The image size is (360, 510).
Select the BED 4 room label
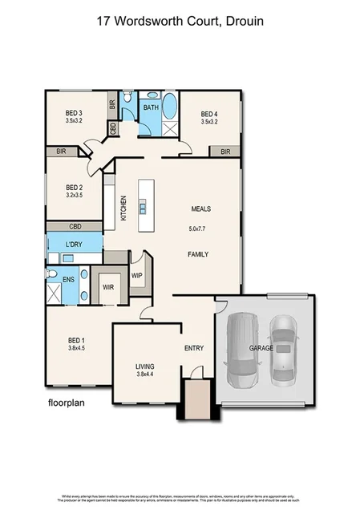pyautogui.click(x=209, y=113)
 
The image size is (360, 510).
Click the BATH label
pyautogui.click(x=150, y=107)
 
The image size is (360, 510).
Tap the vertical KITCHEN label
pyautogui.click(x=123, y=208)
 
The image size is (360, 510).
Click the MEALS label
pyautogui.click(x=200, y=208)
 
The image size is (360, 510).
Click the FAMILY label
pyautogui.click(x=198, y=255)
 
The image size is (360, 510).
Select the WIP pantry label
pyautogui.click(x=136, y=274)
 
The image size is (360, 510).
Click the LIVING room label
pyautogui.click(x=146, y=366)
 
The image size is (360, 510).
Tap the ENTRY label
pyautogui.click(x=193, y=348)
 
